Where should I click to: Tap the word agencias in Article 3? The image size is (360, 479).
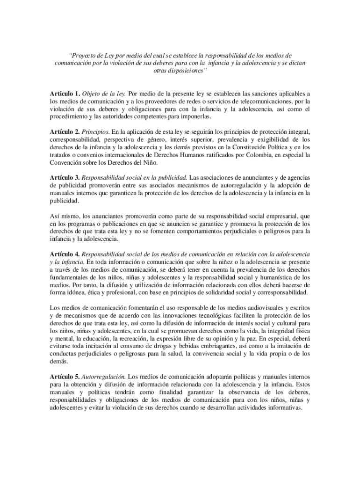click(298, 177)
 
